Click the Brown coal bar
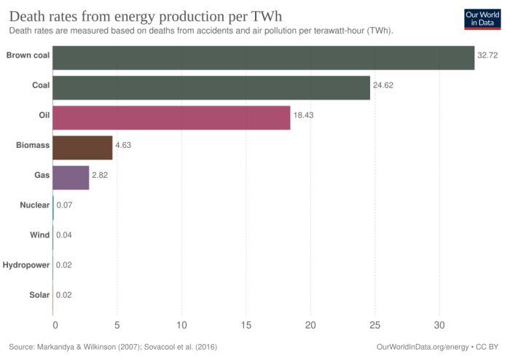(x=264, y=58)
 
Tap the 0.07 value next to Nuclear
(x=64, y=206)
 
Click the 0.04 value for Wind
(x=64, y=235)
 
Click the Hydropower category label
(x=26, y=265)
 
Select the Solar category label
(x=38, y=295)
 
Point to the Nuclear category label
(x=34, y=206)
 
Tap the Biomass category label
(x=33, y=146)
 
